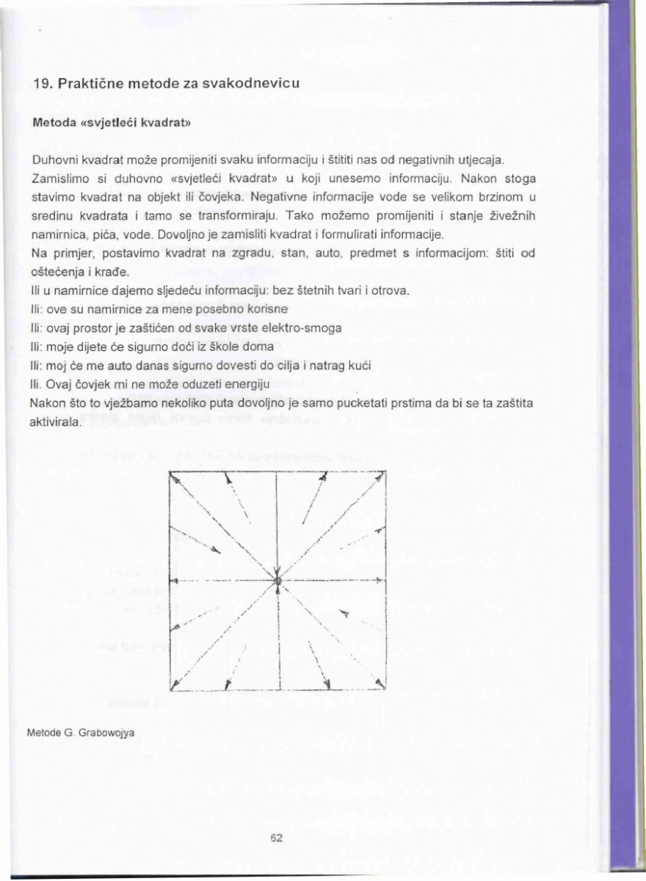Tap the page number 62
[277, 838]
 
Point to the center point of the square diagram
[277, 581]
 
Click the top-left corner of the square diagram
[170, 474]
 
